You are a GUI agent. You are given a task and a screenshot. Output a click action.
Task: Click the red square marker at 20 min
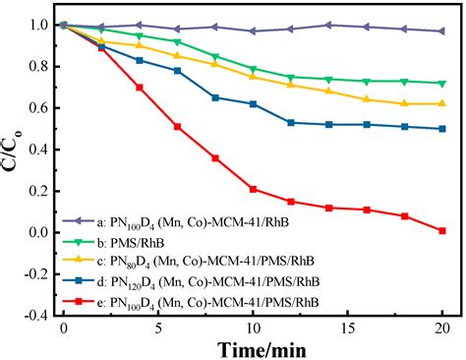pyautogui.click(x=442, y=230)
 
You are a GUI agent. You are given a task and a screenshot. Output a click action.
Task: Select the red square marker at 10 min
pyautogui.click(x=253, y=189)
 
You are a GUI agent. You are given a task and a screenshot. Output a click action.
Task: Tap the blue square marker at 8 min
pyautogui.click(x=215, y=97)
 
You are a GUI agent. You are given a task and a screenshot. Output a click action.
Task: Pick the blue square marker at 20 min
pyautogui.click(x=442, y=128)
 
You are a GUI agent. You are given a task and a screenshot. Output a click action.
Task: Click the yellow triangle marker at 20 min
pyautogui.click(x=442, y=103)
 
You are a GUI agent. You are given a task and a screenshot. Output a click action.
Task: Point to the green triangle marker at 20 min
pyautogui.click(x=442, y=83)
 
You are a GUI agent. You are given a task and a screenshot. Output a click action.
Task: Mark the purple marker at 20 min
pyautogui.click(x=442, y=30)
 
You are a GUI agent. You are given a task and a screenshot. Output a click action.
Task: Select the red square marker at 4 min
pyautogui.click(x=140, y=87)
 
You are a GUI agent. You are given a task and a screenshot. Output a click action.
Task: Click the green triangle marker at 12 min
pyautogui.click(x=291, y=77)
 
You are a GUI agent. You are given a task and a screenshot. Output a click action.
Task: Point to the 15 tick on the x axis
pyautogui.click(x=348, y=326)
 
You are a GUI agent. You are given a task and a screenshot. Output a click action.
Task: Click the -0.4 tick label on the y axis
pyautogui.click(x=34, y=316)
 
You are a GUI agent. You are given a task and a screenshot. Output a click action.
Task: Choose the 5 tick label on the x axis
pyautogui.click(x=158, y=326)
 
